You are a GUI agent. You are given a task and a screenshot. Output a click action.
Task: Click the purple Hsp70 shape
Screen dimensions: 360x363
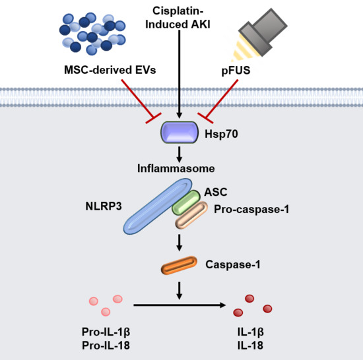point(180,135)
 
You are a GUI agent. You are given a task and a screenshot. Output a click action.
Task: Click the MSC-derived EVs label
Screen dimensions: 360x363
point(110,71)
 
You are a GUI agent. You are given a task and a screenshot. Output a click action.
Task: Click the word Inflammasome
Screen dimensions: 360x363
point(180,169)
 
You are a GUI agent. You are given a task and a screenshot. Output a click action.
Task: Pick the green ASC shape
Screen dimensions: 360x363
point(187,203)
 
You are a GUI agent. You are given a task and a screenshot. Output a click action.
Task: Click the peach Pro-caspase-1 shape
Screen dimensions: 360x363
point(191,216)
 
